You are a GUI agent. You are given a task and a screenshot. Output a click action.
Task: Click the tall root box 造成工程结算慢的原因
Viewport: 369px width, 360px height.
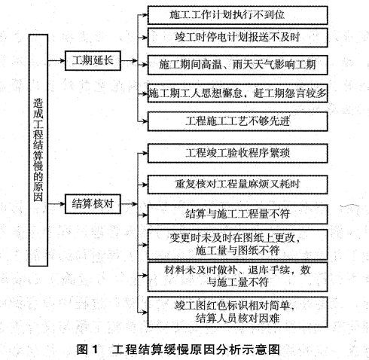coord(38,150)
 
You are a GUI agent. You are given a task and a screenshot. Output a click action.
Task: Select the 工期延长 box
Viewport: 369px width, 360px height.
coord(93,60)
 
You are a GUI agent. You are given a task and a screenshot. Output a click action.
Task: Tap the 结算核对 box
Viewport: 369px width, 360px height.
coord(93,204)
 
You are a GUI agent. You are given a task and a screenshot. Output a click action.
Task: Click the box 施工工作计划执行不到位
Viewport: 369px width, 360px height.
coord(237,15)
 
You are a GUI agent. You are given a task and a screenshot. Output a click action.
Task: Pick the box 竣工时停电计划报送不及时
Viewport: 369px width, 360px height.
coord(237,38)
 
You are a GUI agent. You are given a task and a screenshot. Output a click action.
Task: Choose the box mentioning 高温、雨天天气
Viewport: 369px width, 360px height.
coord(237,65)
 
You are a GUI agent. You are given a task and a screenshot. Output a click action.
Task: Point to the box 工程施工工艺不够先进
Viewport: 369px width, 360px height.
coord(237,121)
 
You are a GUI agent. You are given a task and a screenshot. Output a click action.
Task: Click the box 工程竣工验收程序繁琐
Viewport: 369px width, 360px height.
coord(237,153)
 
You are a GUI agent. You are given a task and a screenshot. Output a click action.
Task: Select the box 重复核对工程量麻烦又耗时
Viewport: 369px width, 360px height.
coord(237,185)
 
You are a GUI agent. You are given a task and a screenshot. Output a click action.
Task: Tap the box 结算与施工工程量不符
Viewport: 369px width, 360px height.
coord(237,215)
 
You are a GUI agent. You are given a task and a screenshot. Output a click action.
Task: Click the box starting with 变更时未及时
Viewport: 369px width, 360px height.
coord(237,244)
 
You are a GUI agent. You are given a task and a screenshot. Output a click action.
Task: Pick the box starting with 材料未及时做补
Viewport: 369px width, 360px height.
coord(237,276)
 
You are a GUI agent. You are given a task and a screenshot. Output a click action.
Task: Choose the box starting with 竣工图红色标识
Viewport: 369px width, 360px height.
coord(237,312)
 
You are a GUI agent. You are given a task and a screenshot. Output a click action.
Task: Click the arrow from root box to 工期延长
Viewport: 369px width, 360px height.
coord(56,60)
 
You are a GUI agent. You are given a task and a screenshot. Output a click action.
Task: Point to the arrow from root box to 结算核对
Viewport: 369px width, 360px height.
coord(56,204)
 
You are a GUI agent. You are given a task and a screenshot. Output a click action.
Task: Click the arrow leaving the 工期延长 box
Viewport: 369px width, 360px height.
coord(129,60)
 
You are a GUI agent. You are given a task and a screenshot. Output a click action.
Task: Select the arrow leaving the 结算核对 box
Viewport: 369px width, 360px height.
coord(129,204)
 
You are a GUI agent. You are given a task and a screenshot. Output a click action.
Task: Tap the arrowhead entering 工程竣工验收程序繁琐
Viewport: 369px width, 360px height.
coord(145,153)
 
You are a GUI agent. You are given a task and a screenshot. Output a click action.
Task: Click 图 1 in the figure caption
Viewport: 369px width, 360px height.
coord(87,349)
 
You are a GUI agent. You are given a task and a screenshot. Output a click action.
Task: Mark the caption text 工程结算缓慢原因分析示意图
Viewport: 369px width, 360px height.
coord(196,349)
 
